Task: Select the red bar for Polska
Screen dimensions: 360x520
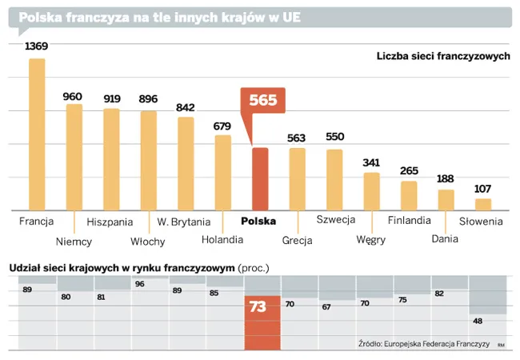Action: tap(260, 178)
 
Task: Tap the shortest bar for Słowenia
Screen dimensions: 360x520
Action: tap(483, 203)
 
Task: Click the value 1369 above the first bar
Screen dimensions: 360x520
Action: tap(37, 46)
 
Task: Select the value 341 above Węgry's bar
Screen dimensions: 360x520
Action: tap(371, 162)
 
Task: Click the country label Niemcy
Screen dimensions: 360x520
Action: tap(74, 241)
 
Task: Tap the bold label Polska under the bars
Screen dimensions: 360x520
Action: tap(258, 221)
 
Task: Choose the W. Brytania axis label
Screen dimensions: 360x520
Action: tap(184, 221)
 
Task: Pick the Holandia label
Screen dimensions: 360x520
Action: tap(222, 239)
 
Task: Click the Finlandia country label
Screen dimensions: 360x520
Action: tap(409, 221)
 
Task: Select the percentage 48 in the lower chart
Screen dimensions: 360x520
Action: tap(478, 321)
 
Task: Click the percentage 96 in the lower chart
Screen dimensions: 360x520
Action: tap(140, 284)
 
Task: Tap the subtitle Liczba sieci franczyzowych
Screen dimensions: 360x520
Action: tap(442, 56)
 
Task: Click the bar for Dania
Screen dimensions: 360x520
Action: tap(446, 199)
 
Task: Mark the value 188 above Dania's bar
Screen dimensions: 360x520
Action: tap(446, 178)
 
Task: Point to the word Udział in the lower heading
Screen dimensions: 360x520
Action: tap(24, 266)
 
